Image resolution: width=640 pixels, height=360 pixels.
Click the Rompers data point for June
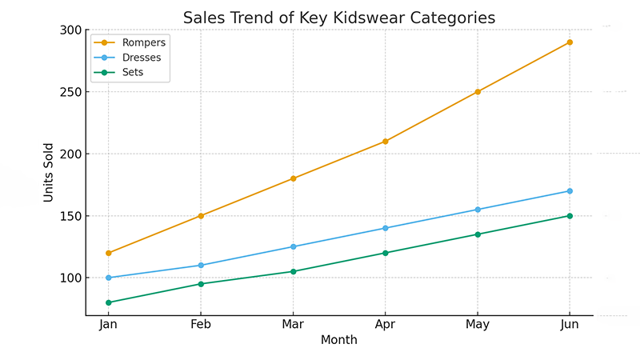tap(570, 42)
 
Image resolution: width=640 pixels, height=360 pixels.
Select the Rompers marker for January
tap(108, 253)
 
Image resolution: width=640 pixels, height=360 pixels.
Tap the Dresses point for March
tap(293, 246)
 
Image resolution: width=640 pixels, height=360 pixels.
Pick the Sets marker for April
tap(386, 253)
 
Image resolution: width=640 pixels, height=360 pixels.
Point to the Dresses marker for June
tap(570, 191)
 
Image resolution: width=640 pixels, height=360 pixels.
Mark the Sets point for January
tap(108, 302)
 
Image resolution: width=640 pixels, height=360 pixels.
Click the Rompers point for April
tap(386, 142)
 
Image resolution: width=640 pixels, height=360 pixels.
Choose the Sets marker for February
tap(201, 284)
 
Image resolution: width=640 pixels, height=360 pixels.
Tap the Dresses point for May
tap(478, 210)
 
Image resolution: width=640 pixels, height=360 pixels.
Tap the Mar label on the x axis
tap(293, 325)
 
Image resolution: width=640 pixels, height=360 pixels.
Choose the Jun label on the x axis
tap(570, 325)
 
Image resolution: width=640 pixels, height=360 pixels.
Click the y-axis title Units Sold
tap(50, 172)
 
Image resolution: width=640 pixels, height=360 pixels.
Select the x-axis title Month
tap(338, 340)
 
